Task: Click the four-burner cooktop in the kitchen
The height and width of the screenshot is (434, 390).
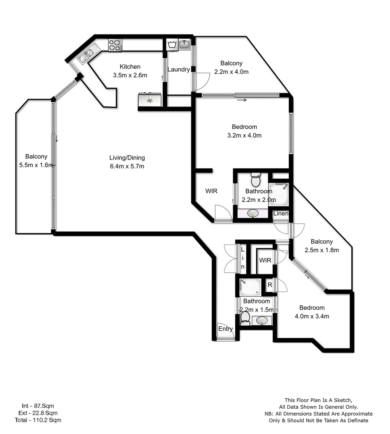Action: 115,45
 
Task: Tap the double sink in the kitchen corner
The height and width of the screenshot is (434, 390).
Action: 86,56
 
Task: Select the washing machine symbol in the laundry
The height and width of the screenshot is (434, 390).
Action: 172,45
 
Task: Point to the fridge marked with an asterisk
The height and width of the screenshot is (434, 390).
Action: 150,100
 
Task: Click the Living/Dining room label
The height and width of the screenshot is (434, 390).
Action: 127,158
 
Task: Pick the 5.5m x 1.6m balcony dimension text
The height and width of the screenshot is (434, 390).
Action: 36,164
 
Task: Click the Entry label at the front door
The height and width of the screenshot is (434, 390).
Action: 226,329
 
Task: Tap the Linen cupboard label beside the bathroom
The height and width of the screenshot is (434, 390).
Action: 281,213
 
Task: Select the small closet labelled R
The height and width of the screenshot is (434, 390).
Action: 270,285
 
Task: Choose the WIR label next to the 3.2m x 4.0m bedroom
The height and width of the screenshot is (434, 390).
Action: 211,191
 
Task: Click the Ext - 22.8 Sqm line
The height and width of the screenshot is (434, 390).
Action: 39,413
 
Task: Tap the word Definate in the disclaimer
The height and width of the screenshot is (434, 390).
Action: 354,420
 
